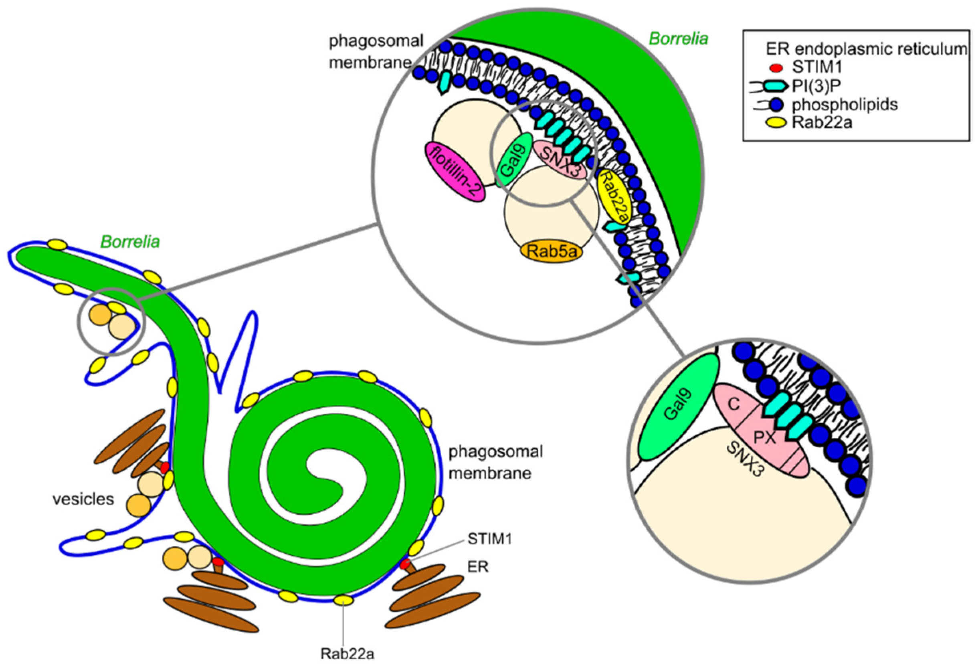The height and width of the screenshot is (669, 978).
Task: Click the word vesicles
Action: pos(83,499)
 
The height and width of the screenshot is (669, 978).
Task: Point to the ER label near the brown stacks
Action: pos(478,567)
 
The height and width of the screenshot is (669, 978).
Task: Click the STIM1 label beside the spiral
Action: pos(489,539)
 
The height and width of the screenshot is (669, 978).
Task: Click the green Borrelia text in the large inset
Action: pos(678,39)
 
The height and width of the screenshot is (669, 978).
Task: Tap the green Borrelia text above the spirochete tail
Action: pos(130,243)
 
